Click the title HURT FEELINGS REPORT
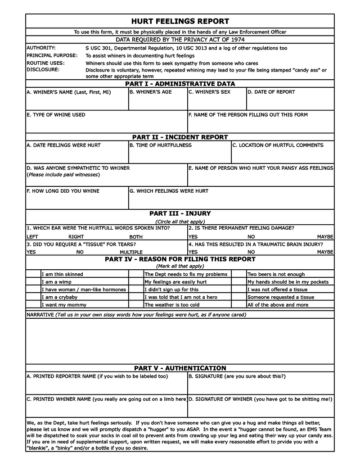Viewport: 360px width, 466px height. tap(180, 21)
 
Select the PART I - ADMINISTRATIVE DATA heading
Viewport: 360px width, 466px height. tap(180, 84)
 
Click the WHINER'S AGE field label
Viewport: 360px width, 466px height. tap(151, 92)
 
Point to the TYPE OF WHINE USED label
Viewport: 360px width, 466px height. tap(56, 115)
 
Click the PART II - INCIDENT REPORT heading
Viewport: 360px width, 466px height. tap(180, 137)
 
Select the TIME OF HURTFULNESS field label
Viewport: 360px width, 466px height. tap(161, 145)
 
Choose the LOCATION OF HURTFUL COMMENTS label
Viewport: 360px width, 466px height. tap(278, 145)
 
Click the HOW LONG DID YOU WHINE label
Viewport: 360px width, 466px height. tap(63, 191)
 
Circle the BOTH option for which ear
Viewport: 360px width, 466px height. tap(136, 237)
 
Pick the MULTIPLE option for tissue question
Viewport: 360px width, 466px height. tap(131, 252)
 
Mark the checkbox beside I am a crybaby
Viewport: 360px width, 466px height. tap(33, 297)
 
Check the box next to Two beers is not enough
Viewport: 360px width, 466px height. tap(239, 274)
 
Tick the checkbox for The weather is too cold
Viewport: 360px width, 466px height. tap(136, 305)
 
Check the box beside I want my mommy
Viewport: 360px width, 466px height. tap(33, 305)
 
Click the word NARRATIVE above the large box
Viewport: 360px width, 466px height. tap(40, 315)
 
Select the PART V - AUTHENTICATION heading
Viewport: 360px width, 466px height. tap(180, 368)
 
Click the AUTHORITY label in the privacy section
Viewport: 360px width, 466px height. tap(41, 48)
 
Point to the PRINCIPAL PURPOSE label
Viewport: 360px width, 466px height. tap(52, 55)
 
